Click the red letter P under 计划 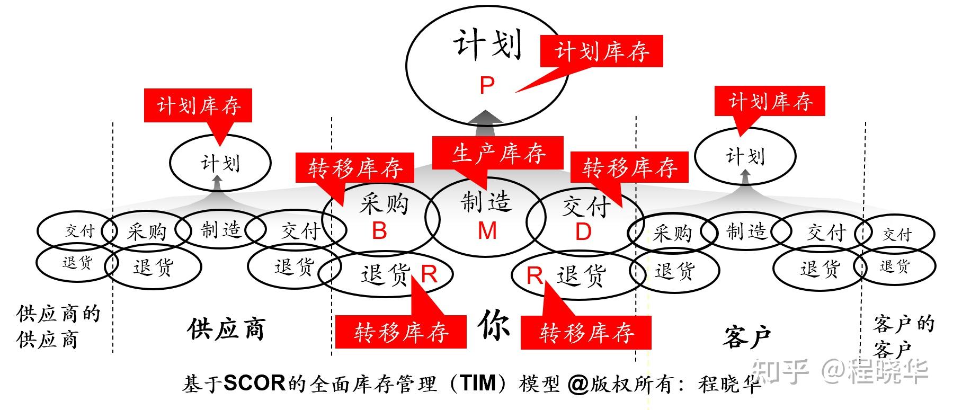(486, 85)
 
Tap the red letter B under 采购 (379, 231)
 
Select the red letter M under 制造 (487, 231)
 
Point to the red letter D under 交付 (583, 232)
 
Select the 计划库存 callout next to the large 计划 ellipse (601, 51)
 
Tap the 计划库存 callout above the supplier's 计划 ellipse (198, 105)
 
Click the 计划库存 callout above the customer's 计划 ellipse (770, 101)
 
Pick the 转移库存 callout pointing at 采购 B (354, 168)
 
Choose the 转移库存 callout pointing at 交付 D (629, 167)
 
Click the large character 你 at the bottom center (494, 324)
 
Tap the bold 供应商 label (226, 329)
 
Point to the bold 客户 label (746, 337)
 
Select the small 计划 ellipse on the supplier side (220, 163)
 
